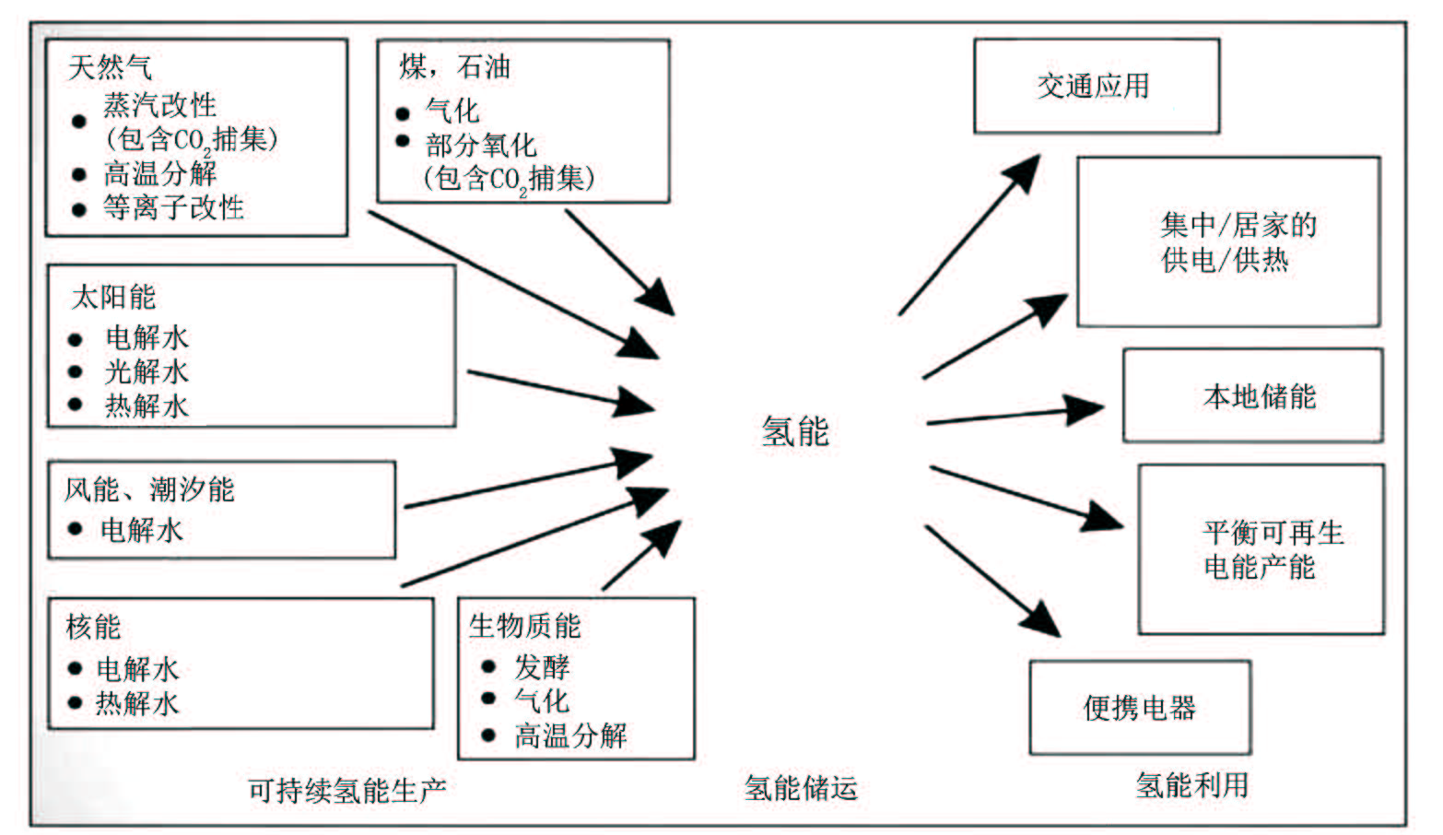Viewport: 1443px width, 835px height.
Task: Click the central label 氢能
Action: coord(795,430)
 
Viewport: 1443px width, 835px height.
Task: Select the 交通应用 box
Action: coord(1096,86)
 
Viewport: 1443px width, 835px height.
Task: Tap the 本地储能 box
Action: coord(1252,396)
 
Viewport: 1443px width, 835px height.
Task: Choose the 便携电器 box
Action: coord(1139,708)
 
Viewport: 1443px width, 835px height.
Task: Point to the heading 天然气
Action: coord(110,66)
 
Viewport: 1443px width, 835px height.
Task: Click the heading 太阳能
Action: coord(113,297)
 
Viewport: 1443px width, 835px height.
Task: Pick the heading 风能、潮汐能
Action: coord(149,489)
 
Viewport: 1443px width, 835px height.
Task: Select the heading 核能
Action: coord(93,627)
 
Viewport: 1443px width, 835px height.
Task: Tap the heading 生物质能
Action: coord(524,626)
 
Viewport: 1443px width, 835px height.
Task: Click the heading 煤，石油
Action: coord(454,66)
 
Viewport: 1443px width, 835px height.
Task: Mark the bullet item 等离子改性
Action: coord(173,207)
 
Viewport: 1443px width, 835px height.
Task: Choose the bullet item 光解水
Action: coord(147,371)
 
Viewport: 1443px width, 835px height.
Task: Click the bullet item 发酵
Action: coord(542,666)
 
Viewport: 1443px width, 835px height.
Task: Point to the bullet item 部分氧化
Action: coord(480,145)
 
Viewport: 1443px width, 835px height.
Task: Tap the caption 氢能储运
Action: coord(801,788)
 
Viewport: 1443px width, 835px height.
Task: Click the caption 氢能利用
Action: coord(1191,785)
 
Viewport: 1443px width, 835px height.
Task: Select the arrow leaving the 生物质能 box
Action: coord(641,556)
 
